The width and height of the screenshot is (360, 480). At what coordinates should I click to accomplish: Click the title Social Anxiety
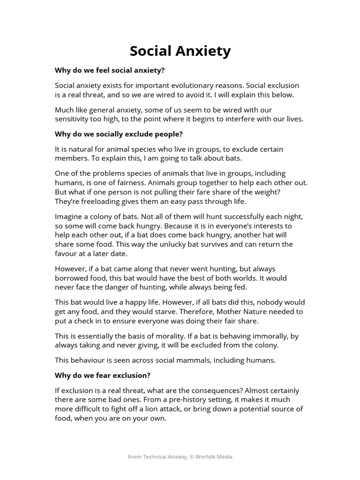pyautogui.click(x=180, y=51)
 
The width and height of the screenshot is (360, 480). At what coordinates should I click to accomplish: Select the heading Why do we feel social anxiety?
pyautogui.click(x=110, y=70)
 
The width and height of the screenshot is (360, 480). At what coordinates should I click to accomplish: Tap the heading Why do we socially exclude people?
pyautogui.click(x=119, y=134)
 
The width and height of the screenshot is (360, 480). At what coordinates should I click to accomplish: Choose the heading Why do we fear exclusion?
pyautogui.click(x=103, y=375)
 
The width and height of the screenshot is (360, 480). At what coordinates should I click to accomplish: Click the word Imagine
pyautogui.click(x=70, y=217)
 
